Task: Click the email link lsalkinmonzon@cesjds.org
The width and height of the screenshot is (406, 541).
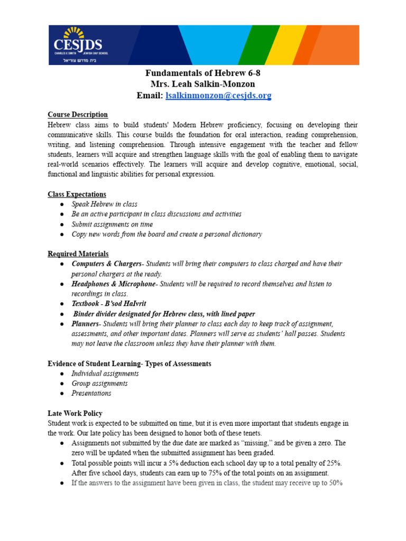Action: pos(218,96)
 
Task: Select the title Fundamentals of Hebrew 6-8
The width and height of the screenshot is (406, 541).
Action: pos(203,73)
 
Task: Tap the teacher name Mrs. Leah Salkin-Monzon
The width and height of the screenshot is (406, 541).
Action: pos(203,84)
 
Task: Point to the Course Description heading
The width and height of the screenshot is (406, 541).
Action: pos(78,115)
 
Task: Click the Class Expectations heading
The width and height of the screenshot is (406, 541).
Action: pos(77,194)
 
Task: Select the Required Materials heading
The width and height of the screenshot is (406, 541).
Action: pos(78,254)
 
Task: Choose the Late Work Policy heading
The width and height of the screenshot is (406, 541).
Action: pos(75,413)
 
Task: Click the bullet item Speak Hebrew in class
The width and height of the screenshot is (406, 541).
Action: pos(104,204)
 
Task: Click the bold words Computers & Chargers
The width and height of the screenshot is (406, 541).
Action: pos(107,264)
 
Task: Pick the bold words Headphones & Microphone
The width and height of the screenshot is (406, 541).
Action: pos(114,284)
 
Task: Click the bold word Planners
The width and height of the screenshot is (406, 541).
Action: pos(85,324)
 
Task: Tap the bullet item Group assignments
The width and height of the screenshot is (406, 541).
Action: pos(99,384)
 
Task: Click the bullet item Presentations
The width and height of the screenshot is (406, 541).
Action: pos(91,394)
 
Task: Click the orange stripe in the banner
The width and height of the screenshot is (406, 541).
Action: pos(338,44)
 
